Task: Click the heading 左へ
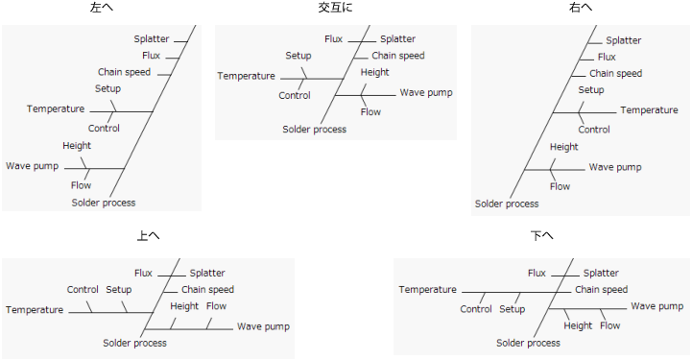101,8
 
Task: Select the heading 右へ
580,8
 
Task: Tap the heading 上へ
148,235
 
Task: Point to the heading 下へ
541,235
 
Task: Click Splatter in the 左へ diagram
152,39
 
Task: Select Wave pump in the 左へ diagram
33,166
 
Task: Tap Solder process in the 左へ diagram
104,203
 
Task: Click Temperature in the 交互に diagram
246,76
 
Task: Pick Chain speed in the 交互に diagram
398,56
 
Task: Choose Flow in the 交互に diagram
370,112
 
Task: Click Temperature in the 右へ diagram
649,110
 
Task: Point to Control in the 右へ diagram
594,130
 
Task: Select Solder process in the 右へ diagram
507,204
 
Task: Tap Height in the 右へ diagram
564,147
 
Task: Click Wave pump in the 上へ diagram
263,326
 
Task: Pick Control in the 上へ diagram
83,290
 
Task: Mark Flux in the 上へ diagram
144,274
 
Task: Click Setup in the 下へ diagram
513,309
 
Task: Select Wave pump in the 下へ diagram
657,306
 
